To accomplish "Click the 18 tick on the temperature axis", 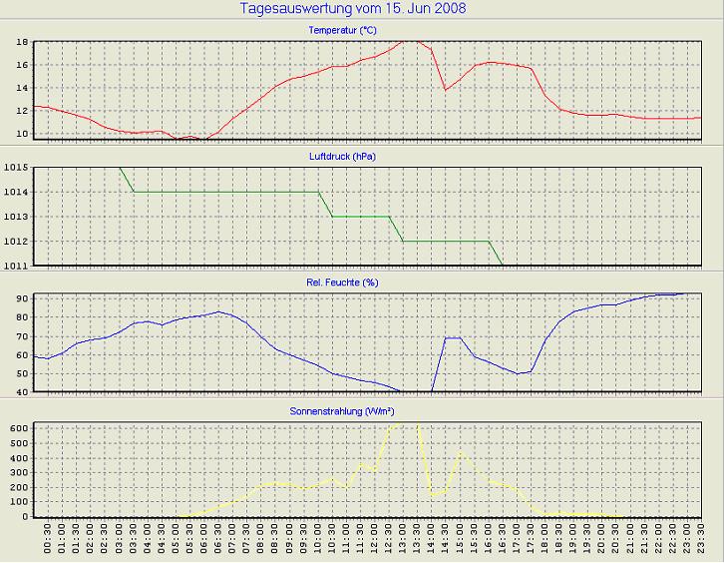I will [21, 43].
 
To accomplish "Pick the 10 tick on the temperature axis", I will [21, 134].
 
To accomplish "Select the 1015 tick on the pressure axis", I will [17, 167].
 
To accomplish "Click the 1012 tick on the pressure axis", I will [17, 242].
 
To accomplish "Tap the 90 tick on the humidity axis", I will [21, 298].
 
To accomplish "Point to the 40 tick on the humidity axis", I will [21, 391].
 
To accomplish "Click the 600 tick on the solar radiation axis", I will [18, 427].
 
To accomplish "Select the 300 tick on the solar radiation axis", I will [18, 471].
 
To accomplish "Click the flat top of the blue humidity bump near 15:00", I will [453, 337].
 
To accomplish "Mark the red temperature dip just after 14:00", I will [446, 90].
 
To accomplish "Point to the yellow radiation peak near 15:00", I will [460, 452].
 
